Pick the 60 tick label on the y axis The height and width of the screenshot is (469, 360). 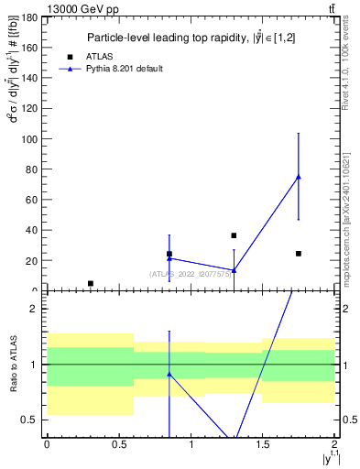click(35, 200)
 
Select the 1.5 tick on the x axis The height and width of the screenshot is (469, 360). click(263, 444)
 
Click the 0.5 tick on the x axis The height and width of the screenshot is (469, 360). click(118, 444)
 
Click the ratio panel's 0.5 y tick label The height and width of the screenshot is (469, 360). click(32, 420)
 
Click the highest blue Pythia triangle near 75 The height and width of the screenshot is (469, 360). click(299, 177)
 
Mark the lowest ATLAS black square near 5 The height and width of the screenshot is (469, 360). click(90, 283)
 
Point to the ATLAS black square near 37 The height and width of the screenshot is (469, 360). click(234, 235)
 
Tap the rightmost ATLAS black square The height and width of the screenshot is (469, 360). click(299, 253)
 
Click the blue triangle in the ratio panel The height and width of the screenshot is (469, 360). click(169, 374)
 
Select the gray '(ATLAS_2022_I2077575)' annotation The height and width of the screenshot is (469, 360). click(190, 274)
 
